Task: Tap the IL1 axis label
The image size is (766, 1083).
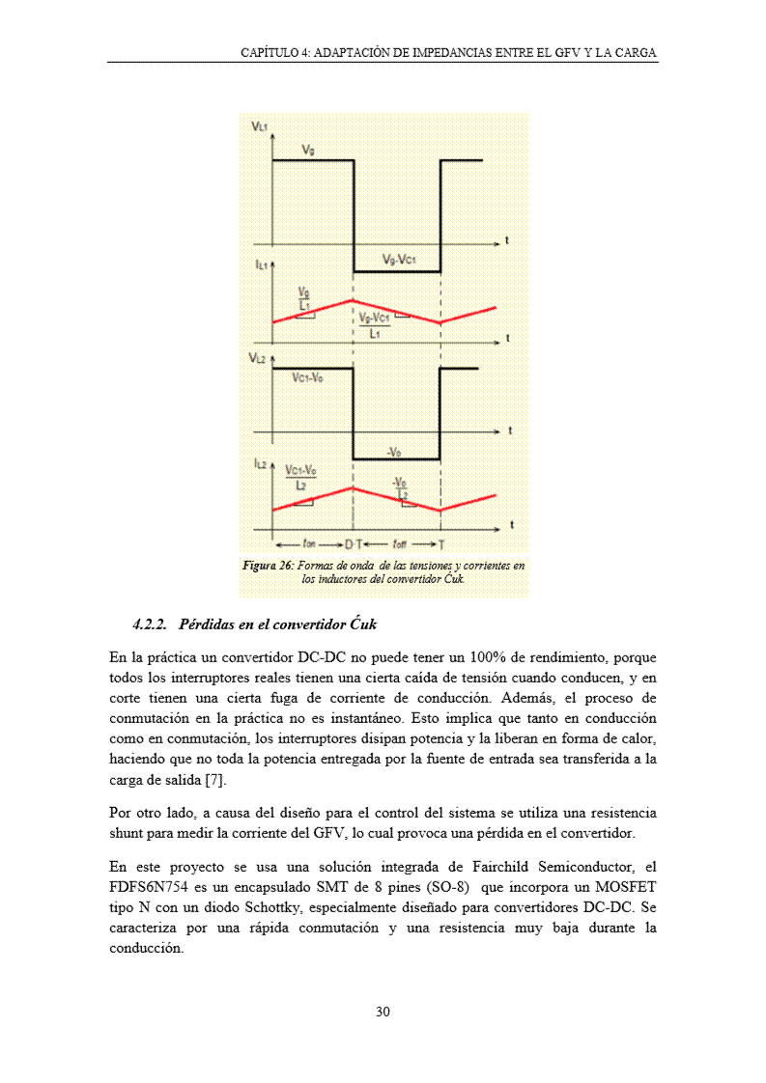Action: point(261,263)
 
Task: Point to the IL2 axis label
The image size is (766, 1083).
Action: point(261,464)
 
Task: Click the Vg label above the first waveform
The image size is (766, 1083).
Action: point(308,150)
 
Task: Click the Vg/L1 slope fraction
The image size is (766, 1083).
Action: point(304,298)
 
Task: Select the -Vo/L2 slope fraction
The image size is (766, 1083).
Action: point(400,488)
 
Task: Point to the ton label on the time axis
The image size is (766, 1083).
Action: point(308,543)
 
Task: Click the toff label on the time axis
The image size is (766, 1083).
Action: point(399,543)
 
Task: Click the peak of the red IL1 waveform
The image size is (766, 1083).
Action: point(353,301)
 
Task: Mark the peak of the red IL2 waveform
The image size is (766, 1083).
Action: point(353,488)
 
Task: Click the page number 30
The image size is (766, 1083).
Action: point(383,1013)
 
